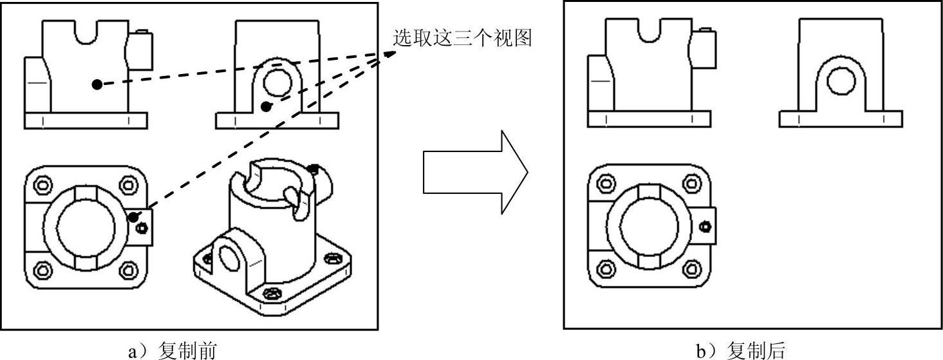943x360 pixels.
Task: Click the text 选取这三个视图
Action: [x=462, y=38]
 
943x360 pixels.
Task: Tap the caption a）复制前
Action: [x=173, y=350]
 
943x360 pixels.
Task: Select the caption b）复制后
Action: [x=741, y=350]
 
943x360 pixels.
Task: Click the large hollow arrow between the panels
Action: [x=475, y=172]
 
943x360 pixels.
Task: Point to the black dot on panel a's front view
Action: [x=97, y=84]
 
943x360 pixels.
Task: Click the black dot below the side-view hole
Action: [x=266, y=107]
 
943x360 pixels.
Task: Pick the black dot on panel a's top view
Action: [x=133, y=217]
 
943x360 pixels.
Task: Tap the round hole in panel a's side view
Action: [x=277, y=83]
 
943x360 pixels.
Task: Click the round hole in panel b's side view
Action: [x=841, y=81]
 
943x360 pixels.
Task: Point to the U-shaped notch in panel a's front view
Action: [x=86, y=32]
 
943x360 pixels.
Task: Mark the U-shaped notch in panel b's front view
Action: [x=650, y=31]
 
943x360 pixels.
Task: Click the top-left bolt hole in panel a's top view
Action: [x=43, y=185]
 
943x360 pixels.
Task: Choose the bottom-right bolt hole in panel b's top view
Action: [x=692, y=269]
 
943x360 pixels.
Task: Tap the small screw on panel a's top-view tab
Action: [x=142, y=228]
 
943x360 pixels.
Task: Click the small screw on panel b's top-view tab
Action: [x=705, y=227]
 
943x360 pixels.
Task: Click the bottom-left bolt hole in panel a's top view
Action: [x=43, y=270]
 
